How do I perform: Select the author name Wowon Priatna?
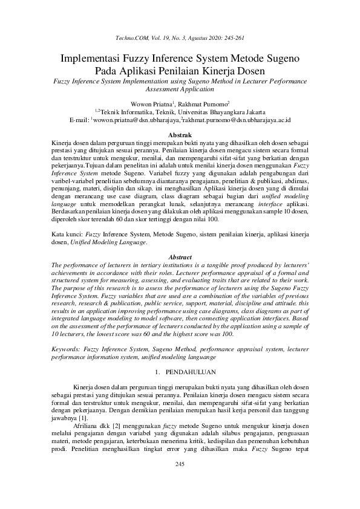click(x=151, y=104)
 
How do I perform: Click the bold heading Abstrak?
click(x=180, y=134)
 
